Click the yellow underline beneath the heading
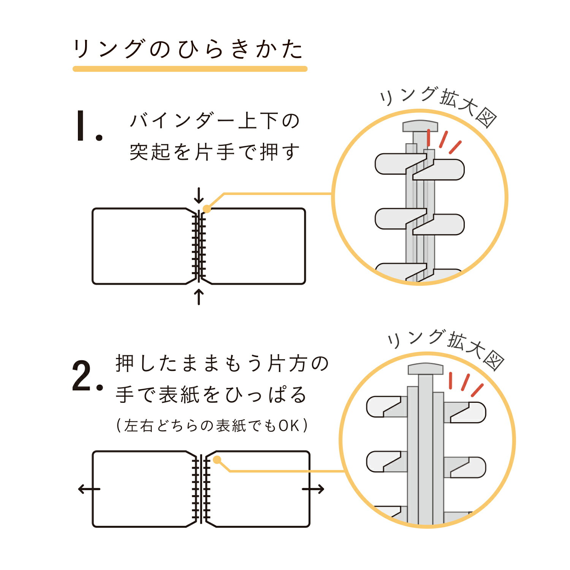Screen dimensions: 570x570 coord(190,69)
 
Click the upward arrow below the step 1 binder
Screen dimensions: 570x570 coord(198,297)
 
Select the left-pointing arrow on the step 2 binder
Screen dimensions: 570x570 coord(89,489)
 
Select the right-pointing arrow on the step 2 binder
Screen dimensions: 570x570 coord(313,489)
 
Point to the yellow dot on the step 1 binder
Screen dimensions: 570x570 coord(207,209)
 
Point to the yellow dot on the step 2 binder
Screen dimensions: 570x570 coord(217,460)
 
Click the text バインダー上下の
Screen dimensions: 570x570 coord(215,121)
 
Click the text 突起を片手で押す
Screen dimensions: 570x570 coord(215,152)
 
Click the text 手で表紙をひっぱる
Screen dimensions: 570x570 coord(211,395)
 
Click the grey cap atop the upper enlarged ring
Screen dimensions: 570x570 coord(420,126)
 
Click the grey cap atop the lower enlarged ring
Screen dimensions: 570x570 coord(426,369)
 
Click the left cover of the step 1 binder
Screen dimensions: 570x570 coord(141,246)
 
